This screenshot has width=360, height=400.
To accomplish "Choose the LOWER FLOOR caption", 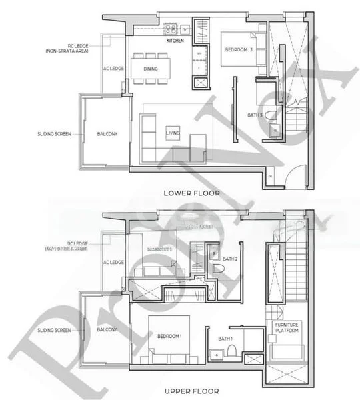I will click(x=191, y=193).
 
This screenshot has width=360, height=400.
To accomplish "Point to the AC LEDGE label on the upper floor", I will click(x=111, y=263).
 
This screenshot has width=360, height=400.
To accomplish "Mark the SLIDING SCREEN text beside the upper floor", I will click(x=55, y=329).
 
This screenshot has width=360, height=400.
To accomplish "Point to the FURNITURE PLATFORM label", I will click(x=285, y=327).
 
